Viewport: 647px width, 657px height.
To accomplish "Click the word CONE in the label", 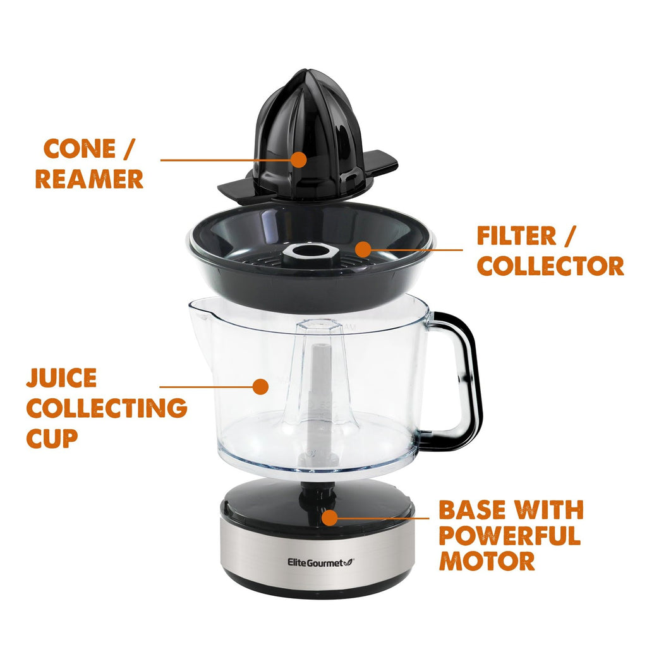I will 79,150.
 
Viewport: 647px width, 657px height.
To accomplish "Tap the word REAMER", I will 89,179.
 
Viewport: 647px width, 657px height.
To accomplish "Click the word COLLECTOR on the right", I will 550,266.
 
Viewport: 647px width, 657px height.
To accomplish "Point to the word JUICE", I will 61,378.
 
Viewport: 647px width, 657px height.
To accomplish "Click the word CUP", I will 52,437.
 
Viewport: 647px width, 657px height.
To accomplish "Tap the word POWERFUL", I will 509,535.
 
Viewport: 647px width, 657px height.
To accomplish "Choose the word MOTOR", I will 487,560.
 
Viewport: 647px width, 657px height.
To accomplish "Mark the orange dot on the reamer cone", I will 299,160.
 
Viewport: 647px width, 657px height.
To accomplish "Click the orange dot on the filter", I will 363,249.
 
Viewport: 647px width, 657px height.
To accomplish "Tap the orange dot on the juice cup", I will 259,386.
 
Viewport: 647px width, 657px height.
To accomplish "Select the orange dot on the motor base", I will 329,518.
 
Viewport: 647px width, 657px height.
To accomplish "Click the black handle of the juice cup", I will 471,379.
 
